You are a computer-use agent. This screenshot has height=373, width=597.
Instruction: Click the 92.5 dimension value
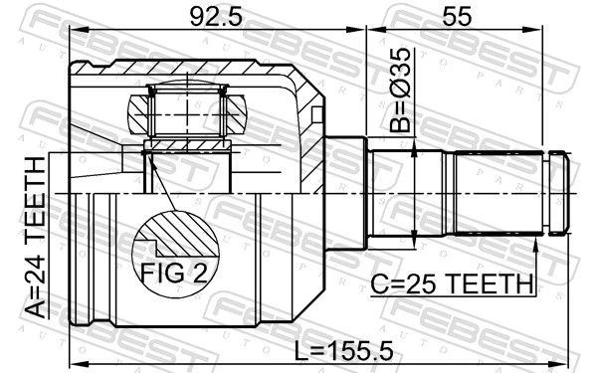(x=216, y=16)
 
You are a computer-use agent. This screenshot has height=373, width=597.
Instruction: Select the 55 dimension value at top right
(x=457, y=16)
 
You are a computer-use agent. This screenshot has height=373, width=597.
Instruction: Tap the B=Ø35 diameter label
(x=401, y=91)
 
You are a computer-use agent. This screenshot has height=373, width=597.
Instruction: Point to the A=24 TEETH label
(x=36, y=237)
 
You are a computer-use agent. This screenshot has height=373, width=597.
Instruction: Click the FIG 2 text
(x=174, y=273)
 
